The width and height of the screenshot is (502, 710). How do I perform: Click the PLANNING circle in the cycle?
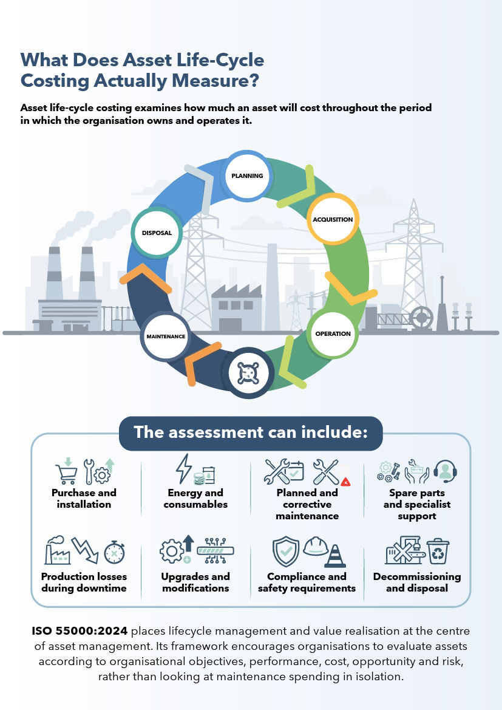tap(247, 176)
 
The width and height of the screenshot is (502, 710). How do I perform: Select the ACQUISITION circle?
tap(333, 219)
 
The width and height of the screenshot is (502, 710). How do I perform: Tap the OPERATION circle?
tap(333, 333)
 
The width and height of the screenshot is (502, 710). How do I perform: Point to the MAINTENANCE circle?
tap(166, 336)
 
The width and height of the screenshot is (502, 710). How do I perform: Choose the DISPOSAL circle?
tap(157, 233)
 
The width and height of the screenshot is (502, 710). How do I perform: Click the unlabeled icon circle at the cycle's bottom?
tap(248, 373)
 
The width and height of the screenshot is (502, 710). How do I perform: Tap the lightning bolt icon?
tap(184, 469)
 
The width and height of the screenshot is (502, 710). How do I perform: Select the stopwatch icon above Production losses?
tap(114, 552)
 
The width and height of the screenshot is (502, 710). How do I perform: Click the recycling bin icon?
tap(438, 551)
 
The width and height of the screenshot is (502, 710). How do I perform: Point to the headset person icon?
tap(445, 471)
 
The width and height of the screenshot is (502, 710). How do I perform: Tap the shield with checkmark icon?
tap(286, 551)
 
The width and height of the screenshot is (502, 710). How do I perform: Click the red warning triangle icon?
tap(346, 482)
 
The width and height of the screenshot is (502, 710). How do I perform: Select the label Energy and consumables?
tap(195, 499)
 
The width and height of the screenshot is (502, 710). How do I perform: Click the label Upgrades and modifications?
tap(195, 582)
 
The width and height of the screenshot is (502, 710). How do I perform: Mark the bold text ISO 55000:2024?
tap(80, 631)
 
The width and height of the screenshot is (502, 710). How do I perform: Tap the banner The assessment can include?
tap(251, 433)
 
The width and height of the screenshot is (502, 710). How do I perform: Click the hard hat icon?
tap(316, 546)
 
